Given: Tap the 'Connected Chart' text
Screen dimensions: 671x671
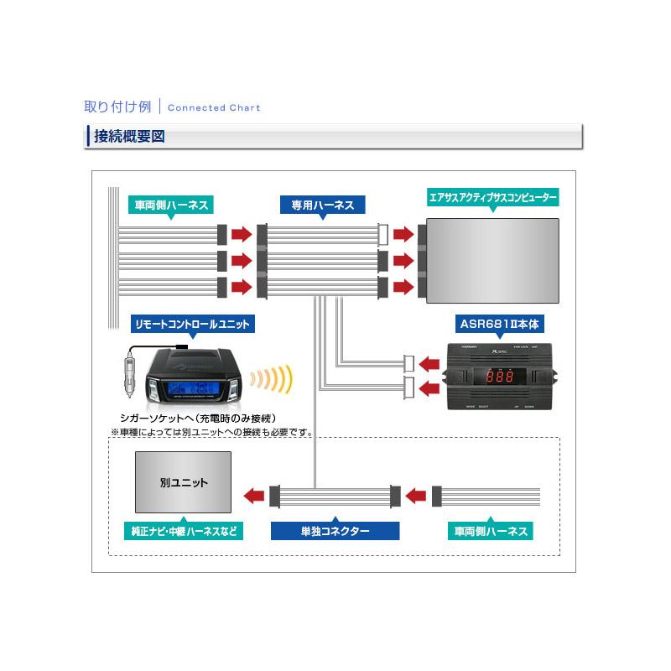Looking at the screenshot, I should tap(214, 108).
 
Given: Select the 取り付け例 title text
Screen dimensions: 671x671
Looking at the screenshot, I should tap(117, 107).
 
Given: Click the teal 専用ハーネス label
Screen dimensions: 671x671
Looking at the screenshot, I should tap(322, 205).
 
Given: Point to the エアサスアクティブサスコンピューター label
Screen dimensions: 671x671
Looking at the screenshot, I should tap(492, 198).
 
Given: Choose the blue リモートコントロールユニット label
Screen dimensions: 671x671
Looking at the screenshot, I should tap(192, 323).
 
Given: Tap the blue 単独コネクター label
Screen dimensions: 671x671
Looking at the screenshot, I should tap(335, 531).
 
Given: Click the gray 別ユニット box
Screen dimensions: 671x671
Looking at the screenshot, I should tap(184, 483).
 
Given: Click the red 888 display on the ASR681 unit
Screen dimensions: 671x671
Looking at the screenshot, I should tap(498, 377).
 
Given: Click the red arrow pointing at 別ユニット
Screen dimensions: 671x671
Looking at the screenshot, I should tap(254, 497).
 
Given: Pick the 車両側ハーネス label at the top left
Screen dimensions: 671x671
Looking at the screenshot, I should tap(171, 205).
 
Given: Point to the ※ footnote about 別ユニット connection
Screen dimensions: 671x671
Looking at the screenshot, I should tap(211, 433).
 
